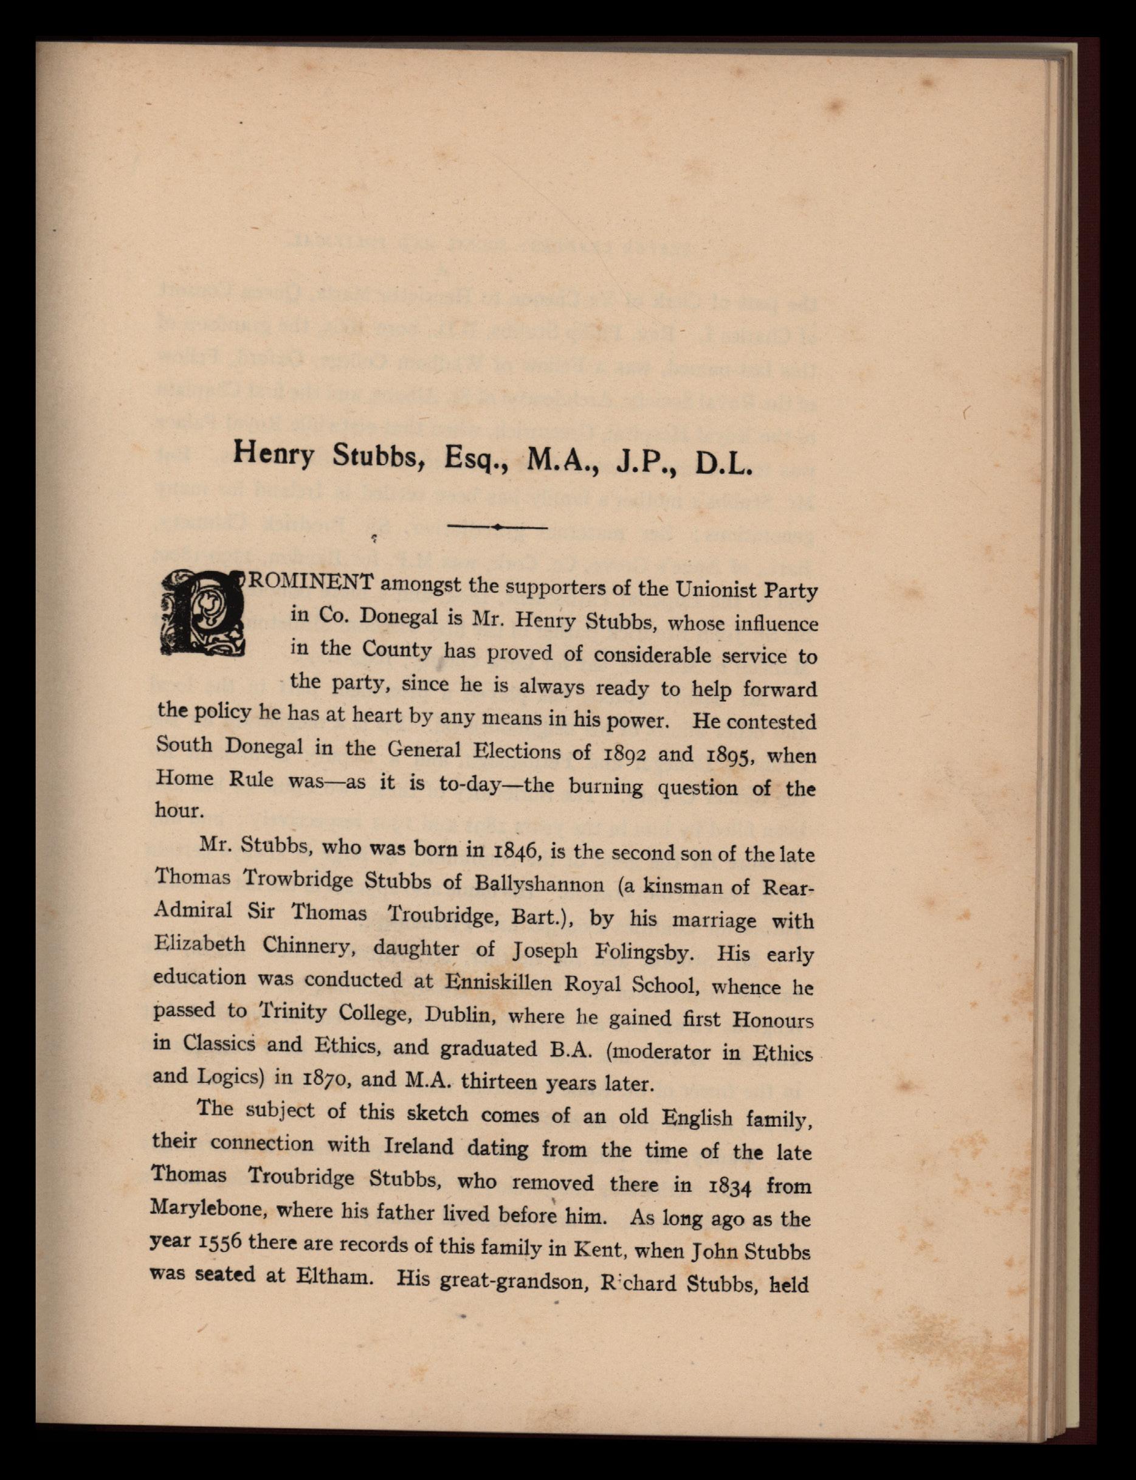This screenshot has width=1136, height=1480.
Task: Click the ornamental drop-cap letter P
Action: point(202,614)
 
